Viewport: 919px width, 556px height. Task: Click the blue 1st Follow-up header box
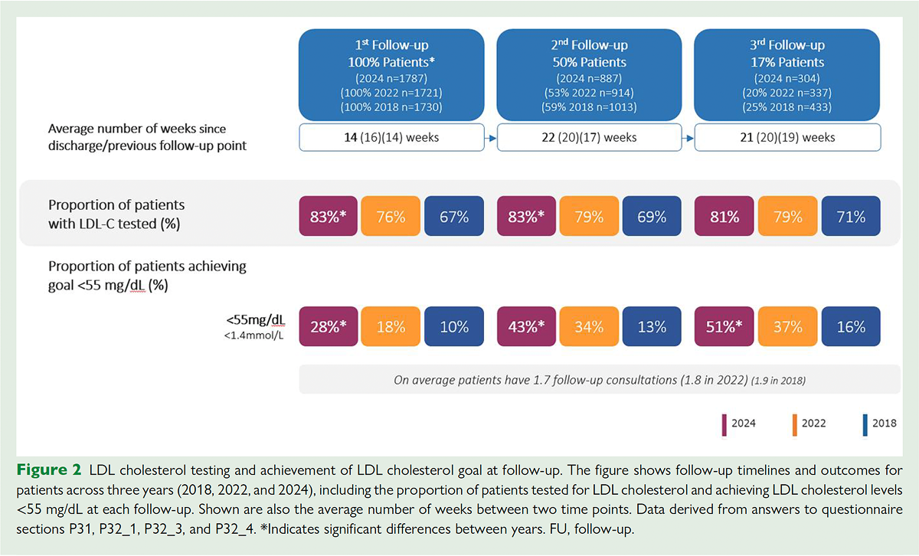[391, 74]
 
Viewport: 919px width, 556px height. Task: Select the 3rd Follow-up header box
[787, 74]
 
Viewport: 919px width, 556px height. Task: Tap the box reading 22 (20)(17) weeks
[589, 138]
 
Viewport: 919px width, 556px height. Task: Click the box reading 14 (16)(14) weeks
[391, 138]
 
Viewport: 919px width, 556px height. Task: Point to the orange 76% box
[391, 217]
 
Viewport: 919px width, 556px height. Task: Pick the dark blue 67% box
[453, 217]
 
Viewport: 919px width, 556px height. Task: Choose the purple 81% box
[724, 217]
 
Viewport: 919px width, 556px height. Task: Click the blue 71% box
[850, 217]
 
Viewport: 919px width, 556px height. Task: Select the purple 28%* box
[329, 326]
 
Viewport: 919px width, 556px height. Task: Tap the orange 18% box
[391, 326]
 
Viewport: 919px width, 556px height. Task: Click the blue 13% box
[652, 326]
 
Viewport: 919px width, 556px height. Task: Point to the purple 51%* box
[724, 326]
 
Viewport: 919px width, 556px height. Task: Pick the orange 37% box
[787, 326]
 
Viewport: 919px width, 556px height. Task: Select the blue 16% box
[850, 326]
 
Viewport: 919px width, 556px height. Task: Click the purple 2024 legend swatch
[724, 423]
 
